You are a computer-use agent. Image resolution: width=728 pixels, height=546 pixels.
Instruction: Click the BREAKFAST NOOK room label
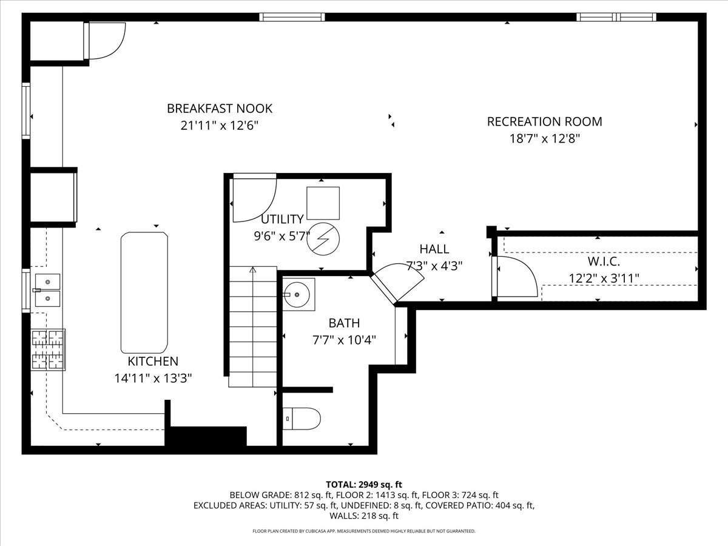click(x=220, y=109)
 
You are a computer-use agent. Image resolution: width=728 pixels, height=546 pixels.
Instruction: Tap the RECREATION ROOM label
click(x=544, y=121)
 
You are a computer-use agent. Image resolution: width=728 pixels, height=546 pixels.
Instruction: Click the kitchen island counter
click(x=144, y=292)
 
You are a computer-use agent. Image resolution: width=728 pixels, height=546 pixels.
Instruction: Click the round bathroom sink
click(x=297, y=294)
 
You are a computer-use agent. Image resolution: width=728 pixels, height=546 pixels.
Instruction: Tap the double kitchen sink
click(x=47, y=289)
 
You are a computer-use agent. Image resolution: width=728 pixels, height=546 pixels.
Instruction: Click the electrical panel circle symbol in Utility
click(x=323, y=241)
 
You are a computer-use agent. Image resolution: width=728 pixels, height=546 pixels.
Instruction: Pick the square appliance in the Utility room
click(x=323, y=203)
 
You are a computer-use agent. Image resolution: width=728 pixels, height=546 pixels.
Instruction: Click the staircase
click(x=253, y=328)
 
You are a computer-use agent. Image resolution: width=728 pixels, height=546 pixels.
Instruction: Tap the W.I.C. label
click(x=603, y=262)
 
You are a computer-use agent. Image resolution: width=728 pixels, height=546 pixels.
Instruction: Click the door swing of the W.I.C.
click(x=516, y=277)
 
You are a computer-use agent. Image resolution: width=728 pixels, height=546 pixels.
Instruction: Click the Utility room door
click(x=254, y=198)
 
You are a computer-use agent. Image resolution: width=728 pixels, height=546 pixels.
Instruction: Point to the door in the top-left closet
click(x=106, y=39)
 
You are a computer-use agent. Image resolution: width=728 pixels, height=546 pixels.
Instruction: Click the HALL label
click(x=434, y=249)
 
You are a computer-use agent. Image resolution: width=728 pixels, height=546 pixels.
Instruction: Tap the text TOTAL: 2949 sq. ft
click(x=364, y=484)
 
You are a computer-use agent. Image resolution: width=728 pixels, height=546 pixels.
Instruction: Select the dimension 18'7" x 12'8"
click(x=544, y=138)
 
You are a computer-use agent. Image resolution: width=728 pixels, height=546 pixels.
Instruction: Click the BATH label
click(x=344, y=323)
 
